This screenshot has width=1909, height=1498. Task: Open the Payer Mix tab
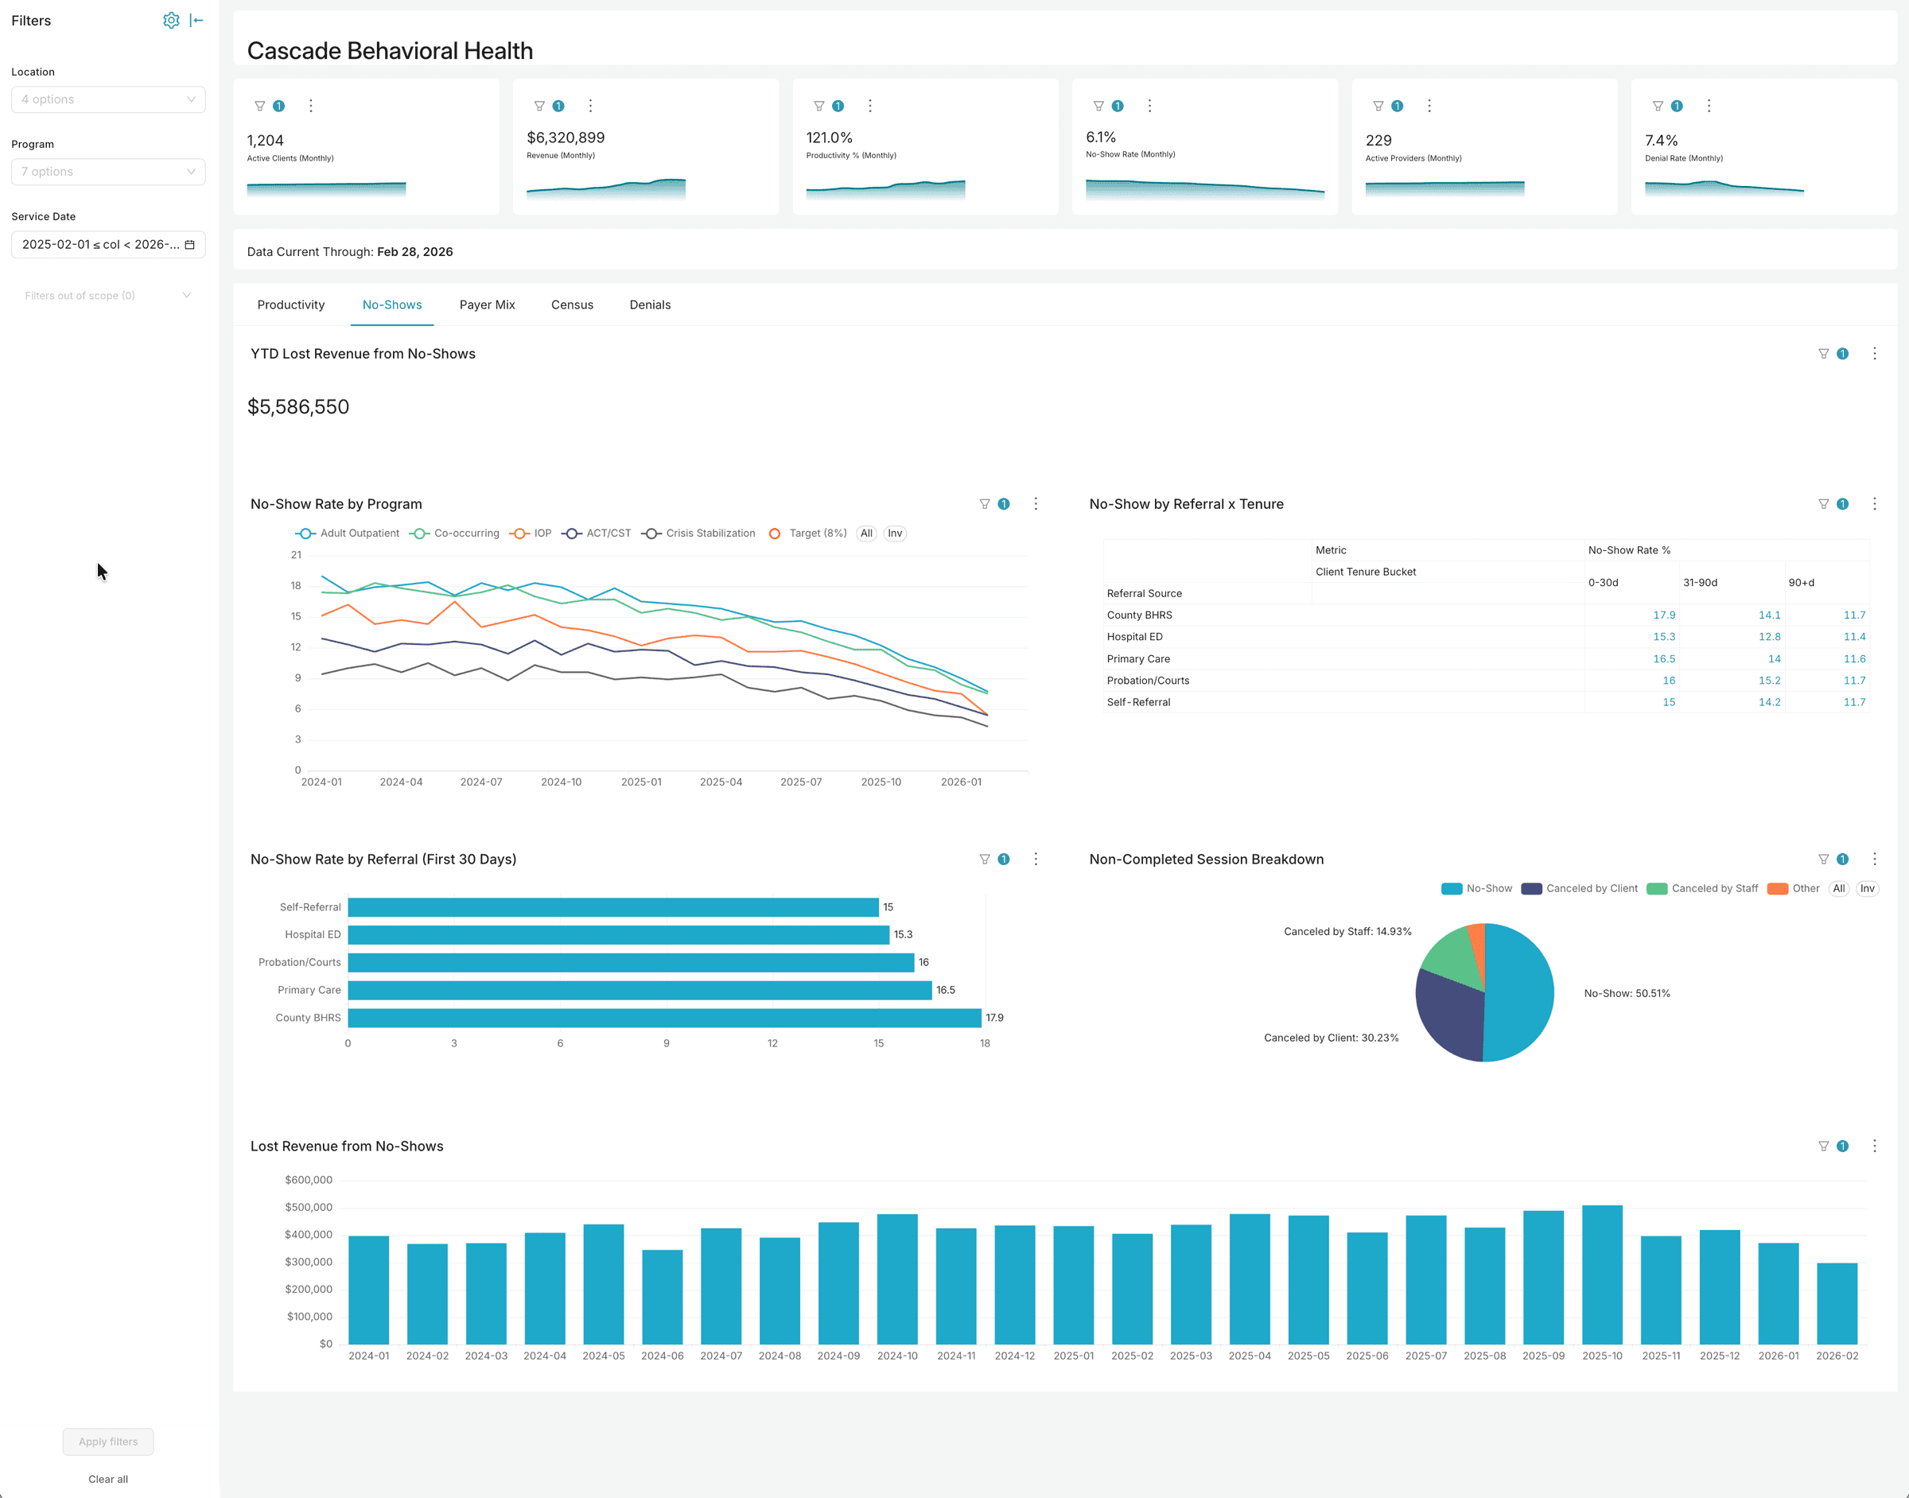[x=487, y=305]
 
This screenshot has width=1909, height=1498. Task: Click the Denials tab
[x=649, y=305]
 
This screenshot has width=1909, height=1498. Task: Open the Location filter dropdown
[x=108, y=99]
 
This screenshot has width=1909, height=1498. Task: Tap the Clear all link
[x=108, y=1479]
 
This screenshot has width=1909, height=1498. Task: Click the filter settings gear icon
[x=171, y=20]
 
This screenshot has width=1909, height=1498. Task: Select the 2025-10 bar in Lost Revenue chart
[x=1601, y=1274]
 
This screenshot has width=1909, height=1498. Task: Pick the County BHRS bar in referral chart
[x=663, y=1018]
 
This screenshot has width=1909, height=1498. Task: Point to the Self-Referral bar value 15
[x=888, y=907]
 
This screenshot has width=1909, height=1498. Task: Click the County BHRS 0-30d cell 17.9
[x=1663, y=615]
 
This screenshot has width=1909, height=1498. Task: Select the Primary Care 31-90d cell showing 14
[x=1774, y=658]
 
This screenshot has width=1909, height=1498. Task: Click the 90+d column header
[x=1800, y=582]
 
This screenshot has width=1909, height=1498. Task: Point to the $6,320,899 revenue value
[x=565, y=138]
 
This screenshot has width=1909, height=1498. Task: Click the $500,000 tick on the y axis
[x=308, y=1207]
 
